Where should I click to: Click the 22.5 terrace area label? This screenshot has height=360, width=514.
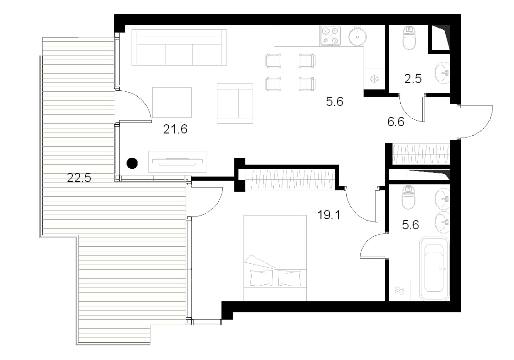(x=79, y=177)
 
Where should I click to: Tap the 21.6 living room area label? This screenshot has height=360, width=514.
(x=175, y=129)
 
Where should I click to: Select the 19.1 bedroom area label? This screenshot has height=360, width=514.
(x=329, y=215)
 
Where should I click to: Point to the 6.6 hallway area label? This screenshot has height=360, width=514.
(x=396, y=122)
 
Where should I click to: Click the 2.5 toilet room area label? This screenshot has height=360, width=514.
(x=413, y=79)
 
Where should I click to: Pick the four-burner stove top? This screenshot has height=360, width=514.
(x=330, y=36)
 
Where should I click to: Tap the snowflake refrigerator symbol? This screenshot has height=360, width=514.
(x=374, y=79)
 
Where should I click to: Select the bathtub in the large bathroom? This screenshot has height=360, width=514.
(x=434, y=269)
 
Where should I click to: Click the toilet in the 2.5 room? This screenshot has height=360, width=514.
(x=409, y=38)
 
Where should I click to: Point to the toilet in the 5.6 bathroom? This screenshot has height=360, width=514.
(x=409, y=197)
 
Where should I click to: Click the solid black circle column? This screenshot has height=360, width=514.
(x=132, y=163)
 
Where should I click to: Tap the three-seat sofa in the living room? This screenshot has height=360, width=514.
(x=179, y=47)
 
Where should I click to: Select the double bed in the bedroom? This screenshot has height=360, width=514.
(x=275, y=258)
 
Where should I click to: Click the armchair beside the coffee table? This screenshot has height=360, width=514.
(x=235, y=103)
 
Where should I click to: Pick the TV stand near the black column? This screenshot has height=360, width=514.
(x=177, y=161)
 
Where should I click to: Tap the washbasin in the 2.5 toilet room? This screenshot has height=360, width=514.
(x=442, y=73)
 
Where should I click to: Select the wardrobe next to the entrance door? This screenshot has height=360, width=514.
(x=420, y=154)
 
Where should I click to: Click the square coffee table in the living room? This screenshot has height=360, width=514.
(x=172, y=102)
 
